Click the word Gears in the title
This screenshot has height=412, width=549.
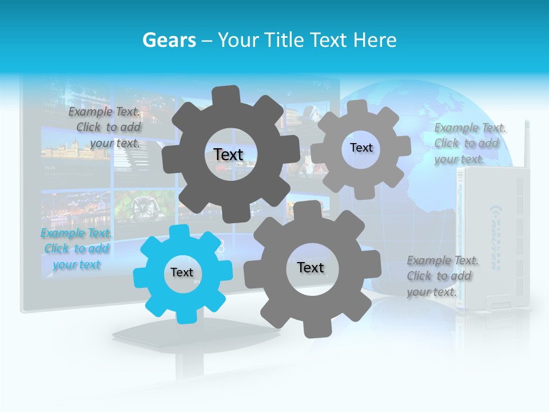click(166, 40)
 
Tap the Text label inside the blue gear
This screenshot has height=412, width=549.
click(182, 273)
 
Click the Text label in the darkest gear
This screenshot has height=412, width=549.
click(228, 154)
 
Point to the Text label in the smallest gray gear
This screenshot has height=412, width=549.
click(361, 148)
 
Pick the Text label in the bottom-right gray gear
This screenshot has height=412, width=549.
click(311, 267)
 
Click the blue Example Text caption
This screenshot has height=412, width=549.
click(77, 249)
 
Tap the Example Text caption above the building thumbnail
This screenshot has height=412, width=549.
click(105, 127)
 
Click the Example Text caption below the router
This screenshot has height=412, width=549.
click(442, 276)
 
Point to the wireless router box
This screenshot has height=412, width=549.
click(492, 240)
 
